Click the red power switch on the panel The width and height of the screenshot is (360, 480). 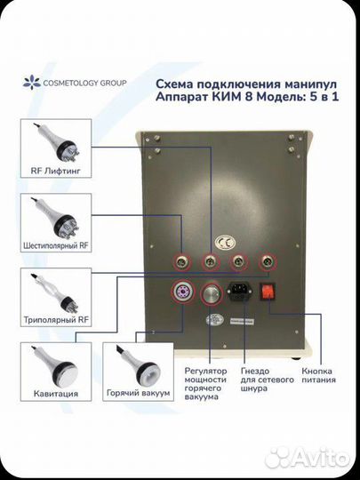click(268, 291)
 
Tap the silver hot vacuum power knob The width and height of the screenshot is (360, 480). click(211, 293)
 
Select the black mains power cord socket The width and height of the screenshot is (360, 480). click(239, 292)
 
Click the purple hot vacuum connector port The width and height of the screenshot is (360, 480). click(182, 292)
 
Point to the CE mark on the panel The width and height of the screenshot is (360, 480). click(225, 243)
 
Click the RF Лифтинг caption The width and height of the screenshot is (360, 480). click(56, 171)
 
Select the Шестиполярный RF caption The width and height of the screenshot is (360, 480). click(56, 245)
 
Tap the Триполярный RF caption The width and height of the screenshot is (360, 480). click(56, 320)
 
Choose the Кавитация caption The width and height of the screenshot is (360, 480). click(56, 394)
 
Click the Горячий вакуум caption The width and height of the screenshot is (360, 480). click(138, 393)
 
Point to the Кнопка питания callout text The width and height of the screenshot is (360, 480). click(318, 376)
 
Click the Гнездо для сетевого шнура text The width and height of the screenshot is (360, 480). click(268, 380)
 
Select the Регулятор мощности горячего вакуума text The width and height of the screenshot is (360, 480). click(205, 384)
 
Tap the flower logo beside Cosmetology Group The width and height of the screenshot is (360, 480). click(31, 83)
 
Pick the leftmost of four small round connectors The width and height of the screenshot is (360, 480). click(182, 262)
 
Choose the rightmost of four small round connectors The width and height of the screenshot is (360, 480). click(268, 262)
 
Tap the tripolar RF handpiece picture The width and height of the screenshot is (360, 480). click(55, 292)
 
